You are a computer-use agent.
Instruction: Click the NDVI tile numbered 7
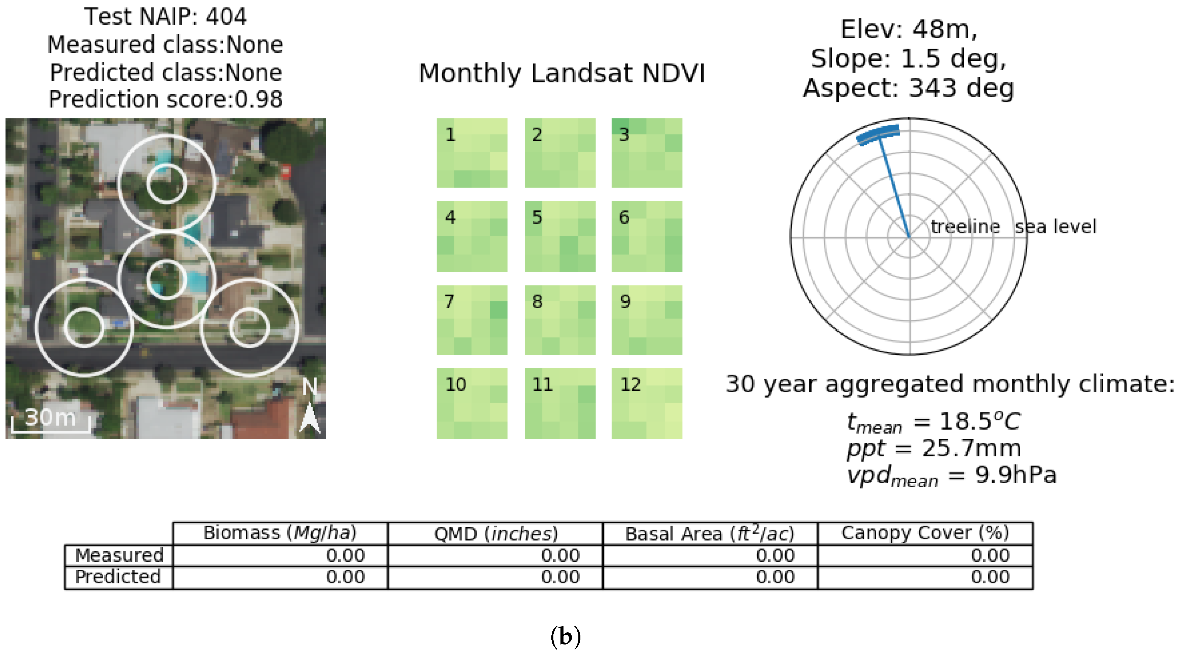point(472,320)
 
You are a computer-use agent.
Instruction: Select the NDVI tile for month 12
point(647,403)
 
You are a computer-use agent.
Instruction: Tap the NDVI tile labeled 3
point(647,153)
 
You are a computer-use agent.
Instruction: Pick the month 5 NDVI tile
point(560,236)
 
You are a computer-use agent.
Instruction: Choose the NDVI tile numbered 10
point(472,403)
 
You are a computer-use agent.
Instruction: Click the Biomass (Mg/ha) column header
point(280,533)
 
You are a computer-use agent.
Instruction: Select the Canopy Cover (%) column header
point(925,533)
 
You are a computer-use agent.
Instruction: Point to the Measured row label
point(119,555)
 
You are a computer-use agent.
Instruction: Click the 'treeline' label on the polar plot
point(965,227)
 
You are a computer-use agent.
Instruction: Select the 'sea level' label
point(1055,227)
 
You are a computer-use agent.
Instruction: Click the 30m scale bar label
point(50,418)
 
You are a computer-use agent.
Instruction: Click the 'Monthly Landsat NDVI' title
point(561,73)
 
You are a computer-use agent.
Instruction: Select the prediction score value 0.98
point(259,99)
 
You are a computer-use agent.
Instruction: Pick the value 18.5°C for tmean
point(979,421)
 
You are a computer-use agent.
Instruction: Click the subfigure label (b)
point(566,636)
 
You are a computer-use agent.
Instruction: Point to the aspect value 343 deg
point(961,88)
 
